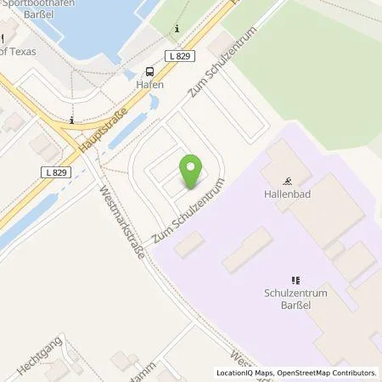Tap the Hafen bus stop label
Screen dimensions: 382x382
click(150, 85)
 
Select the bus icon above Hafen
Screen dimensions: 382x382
click(150, 71)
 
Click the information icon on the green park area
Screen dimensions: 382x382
click(177, 29)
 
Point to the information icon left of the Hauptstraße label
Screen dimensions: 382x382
click(74, 120)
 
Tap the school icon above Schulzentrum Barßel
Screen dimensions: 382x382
click(296, 280)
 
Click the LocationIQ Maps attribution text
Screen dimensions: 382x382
click(247, 373)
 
